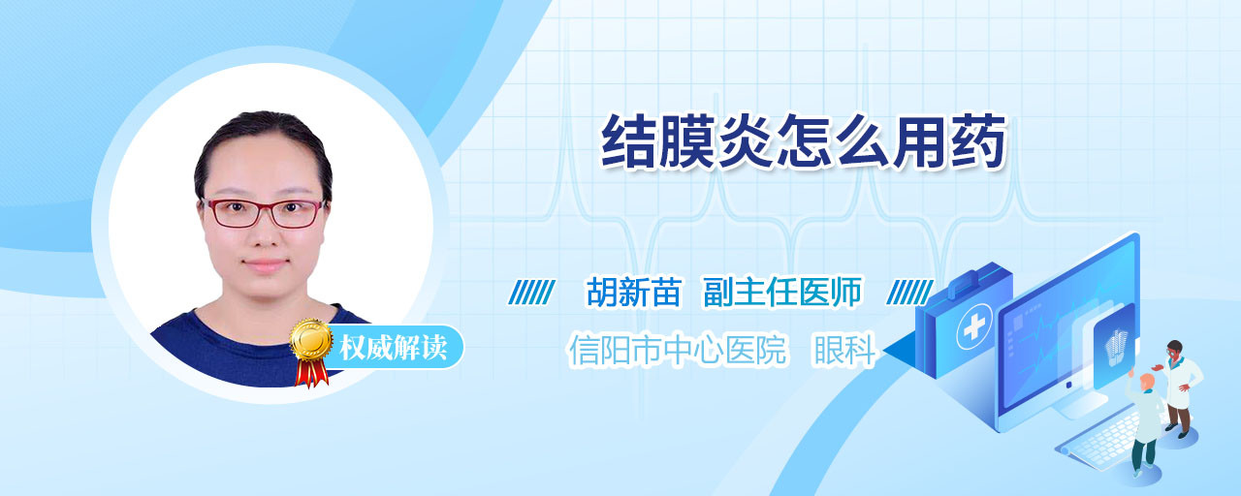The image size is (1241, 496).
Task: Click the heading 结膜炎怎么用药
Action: (x=804, y=141)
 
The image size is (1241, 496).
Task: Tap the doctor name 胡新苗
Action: (x=634, y=292)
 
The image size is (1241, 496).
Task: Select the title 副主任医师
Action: (x=782, y=292)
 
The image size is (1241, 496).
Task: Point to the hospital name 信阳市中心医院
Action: (x=678, y=350)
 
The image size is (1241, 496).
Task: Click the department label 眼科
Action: (x=843, y=350)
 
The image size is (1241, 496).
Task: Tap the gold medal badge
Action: (x=311, y=339)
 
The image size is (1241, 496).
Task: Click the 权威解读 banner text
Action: (x=393, y=348)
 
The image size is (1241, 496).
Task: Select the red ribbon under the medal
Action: (x=311, y=372)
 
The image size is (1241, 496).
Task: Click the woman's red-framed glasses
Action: (x=264, y=212)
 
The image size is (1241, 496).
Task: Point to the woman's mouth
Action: (x=266, y=265)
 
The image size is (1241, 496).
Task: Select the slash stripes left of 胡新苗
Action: (x=531, y=293)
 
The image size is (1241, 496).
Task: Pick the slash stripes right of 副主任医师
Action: (x=909, y=293)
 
